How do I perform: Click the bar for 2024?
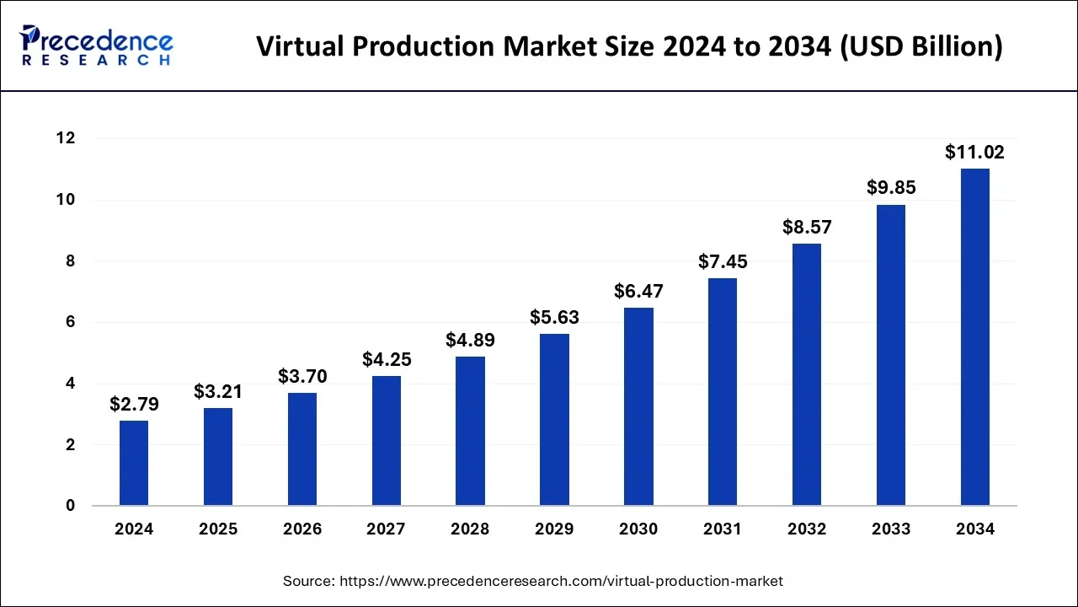[134, 463]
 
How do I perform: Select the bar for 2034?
[975, 337]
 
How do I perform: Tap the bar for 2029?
[554, 420]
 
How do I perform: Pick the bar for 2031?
[723, 392]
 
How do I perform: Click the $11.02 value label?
[974, 153]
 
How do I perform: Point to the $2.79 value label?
[134, 405]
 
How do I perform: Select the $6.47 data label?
[638, 292]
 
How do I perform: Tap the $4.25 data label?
[387, 359]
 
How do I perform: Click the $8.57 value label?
[807, 228]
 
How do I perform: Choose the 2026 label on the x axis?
[302, 529]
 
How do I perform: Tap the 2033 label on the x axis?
[891, 529]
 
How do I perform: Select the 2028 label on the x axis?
[470, 529]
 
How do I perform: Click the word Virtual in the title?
[300, 47]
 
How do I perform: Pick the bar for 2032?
[807, 374]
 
